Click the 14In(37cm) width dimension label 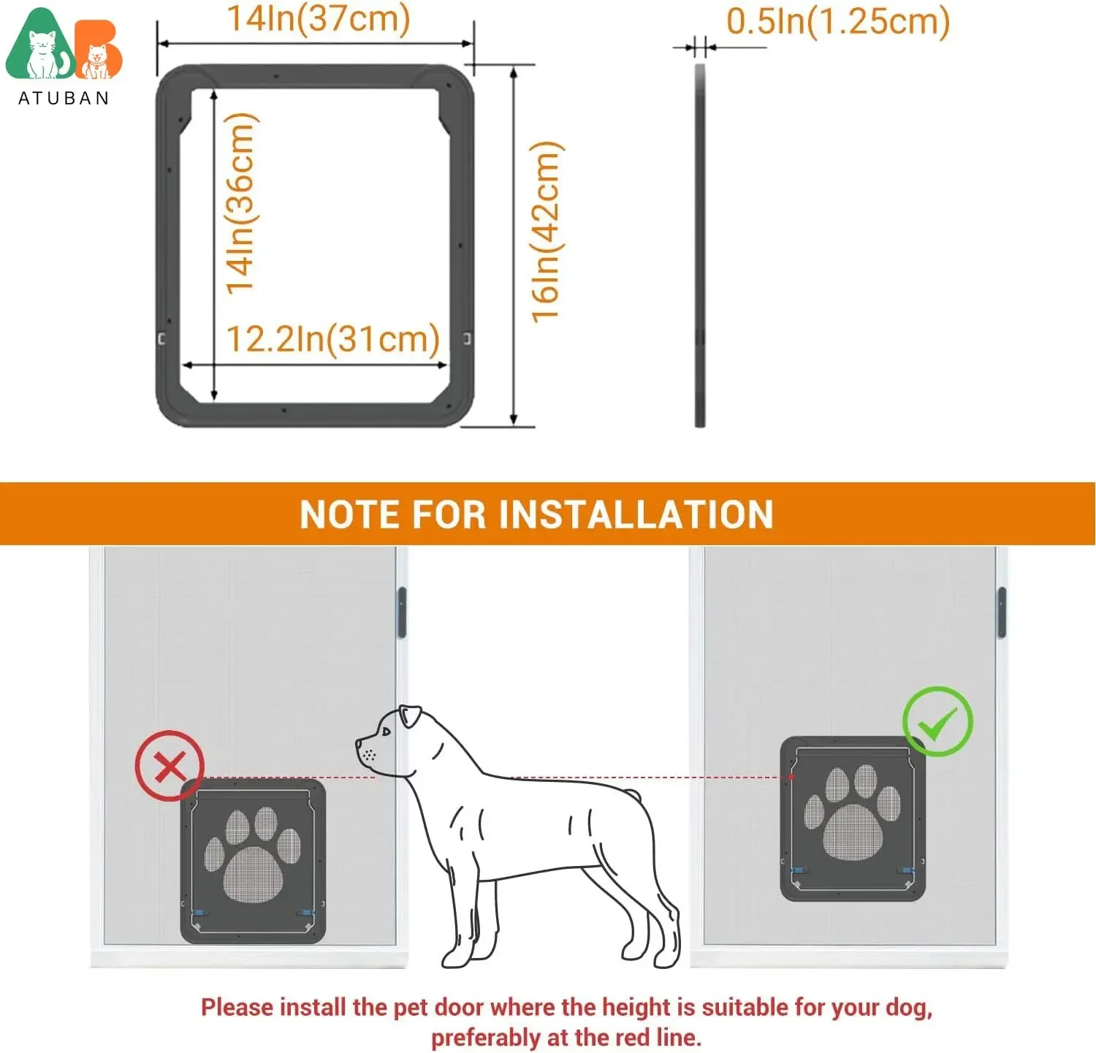pyautogui.click(x=319, y=19)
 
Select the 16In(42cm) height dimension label pyautogui.click(x=546, y=232)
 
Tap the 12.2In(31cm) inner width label pyautogui.click(x=332, y=339)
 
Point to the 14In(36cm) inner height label pyautogui.click(x=240, y=204)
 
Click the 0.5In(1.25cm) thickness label pyautogui.click(x=837, y=21)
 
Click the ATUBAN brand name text pyautogui.click(x=64, y=99)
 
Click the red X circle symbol pyautogui.click(x=170, y=766)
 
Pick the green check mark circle pyautogui.click(x=937, y=722)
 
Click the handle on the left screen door pyautogui.click(x=401, y=612)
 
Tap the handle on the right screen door pyautogui.click(x=1002, y=612)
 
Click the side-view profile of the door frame pyautogui.click(x=700, y=245)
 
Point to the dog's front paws pyautogui.click(x=468, y=954)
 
